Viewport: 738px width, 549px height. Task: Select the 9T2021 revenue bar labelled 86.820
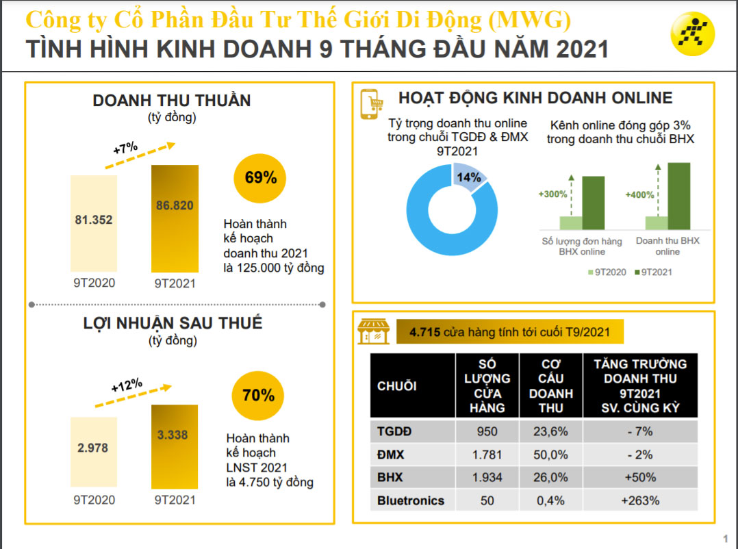pos(175,219)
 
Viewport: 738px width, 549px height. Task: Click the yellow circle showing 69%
pos(260,178)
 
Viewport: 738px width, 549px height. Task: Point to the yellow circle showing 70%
pos(258,396)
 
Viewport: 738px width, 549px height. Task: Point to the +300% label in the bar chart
pos(552,194)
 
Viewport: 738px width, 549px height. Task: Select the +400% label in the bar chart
pos(639,195)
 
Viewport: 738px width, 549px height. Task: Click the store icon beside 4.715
pos(373,332)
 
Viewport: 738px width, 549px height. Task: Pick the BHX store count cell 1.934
pos(487,477)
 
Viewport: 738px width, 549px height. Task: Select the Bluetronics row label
pos(410,500)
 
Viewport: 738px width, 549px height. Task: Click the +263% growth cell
pos(639,500)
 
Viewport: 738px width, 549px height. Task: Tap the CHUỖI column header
pos(396,386)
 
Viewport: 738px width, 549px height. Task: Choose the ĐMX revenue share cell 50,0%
pos(551,455)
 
